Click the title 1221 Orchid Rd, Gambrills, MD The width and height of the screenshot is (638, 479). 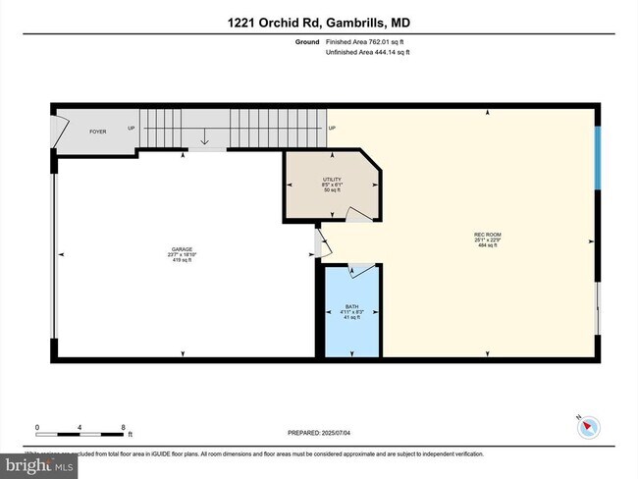pyautogui.click(x=318, y=22)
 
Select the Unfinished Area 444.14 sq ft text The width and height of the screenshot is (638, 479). pyautogui.click(x=367, y=53)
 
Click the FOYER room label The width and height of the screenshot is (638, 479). pyautogui.click(x=98, y=131)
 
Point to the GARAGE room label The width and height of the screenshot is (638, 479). pyautogui.click(x=181, y=249)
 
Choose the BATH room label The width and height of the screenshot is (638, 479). pyautogui.click(x=351, y=307)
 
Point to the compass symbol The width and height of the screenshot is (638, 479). pyautogui.click(x=587, y=425)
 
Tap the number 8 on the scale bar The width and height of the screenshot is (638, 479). pyautogui.click(x=123, y=427)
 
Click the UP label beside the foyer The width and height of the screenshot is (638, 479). pyautogui.click(x=131, y=129)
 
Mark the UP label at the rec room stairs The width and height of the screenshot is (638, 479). pyautogui.click(x=332, y=129)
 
